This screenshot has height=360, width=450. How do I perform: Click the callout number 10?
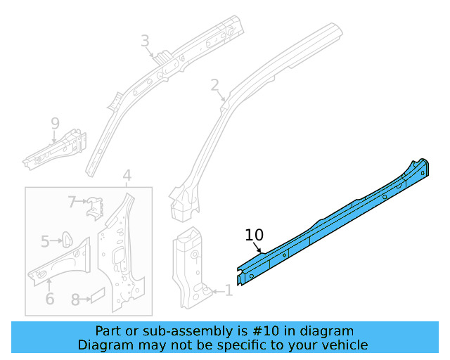click(254, 235)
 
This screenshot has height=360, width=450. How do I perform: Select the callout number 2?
click(214, 85)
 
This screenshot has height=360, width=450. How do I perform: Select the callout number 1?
click(228, 290)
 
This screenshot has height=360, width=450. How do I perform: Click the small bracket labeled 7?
click(94, 208)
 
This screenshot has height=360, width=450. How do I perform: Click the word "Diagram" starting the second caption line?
click(105, 345)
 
